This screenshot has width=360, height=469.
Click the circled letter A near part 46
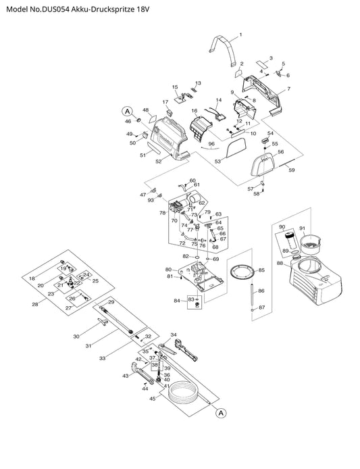coord(128,112)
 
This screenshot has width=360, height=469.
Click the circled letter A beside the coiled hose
coord(221,413)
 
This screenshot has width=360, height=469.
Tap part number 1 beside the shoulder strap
coord(240,34)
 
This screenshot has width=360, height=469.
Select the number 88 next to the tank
coord(280,263)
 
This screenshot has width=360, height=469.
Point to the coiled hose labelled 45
coord(184,393)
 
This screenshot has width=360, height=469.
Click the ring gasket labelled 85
coord(242,272)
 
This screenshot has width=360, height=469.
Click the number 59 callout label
coord(292,170)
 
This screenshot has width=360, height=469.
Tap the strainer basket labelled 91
coord(311,244)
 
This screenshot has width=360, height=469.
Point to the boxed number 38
coord(155,365)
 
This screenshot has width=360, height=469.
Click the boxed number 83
coord(190,299)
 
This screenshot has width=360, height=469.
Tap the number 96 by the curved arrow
coord(211,144)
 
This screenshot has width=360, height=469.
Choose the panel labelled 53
coord(236,149)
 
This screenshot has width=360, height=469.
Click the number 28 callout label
coord(35,305)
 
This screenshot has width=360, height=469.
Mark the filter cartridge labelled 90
coord(290,240)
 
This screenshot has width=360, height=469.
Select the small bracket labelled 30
coord(102,323)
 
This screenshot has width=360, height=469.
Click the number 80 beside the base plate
coord(168,270)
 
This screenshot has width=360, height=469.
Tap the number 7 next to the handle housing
coord(288,89)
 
